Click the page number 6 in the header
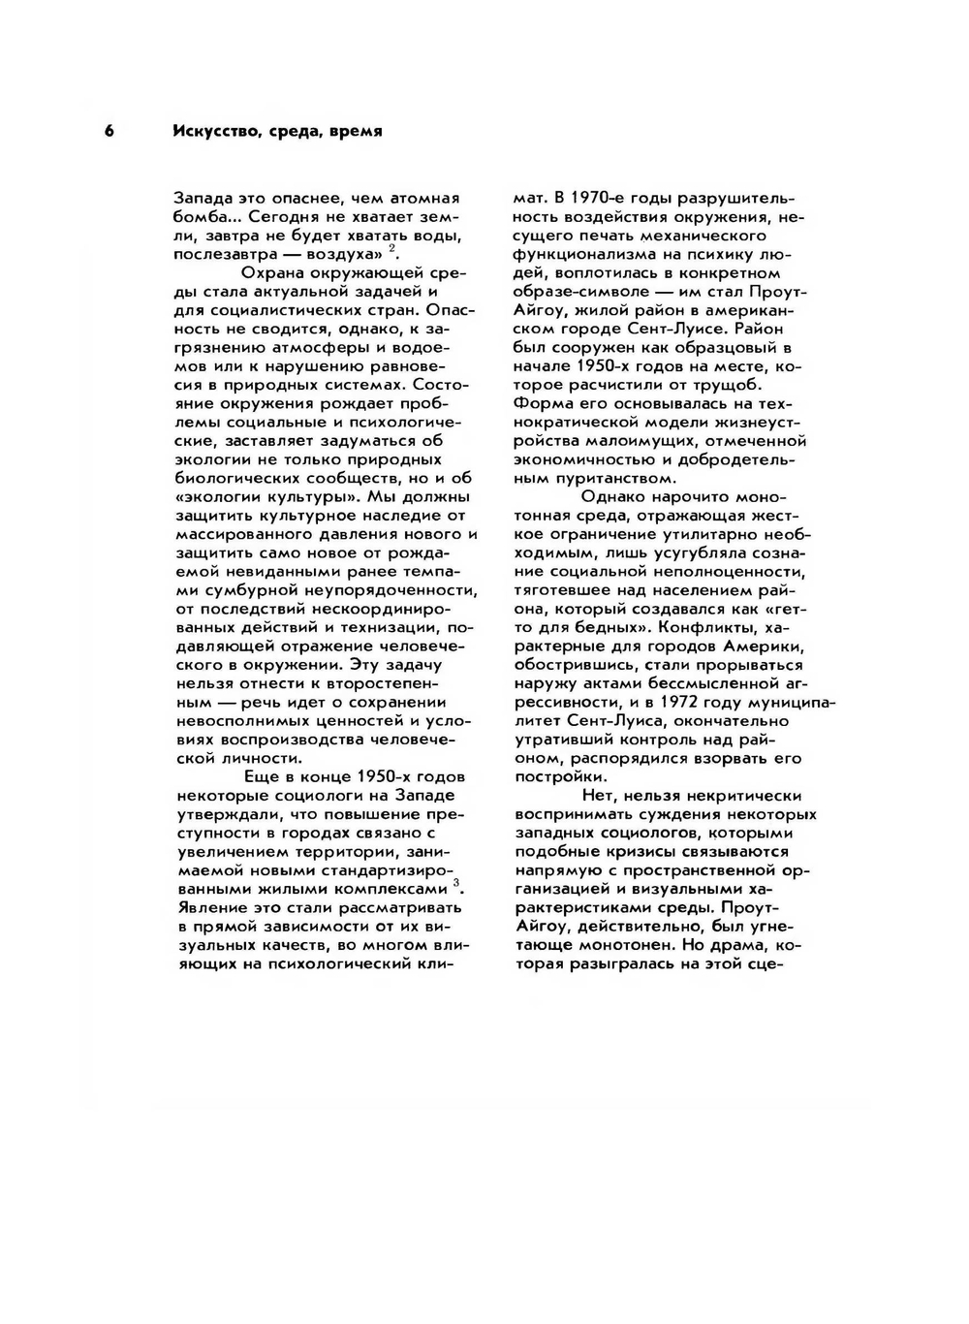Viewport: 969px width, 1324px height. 109,131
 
